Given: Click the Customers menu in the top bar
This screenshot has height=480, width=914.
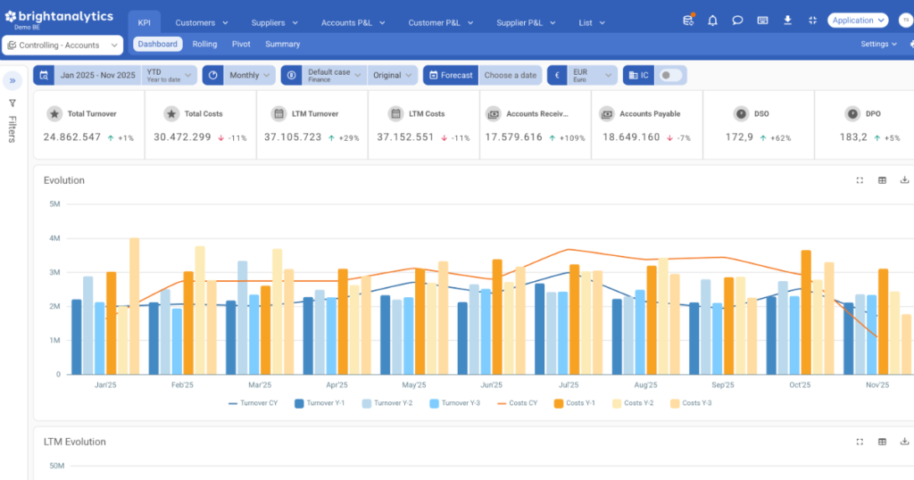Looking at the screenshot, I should click(201, 22).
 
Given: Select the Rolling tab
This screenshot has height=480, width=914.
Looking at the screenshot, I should click(204, 44).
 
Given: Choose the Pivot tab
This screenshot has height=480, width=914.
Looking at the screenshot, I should click(241, 44).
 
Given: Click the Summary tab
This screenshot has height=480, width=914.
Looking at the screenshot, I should click(282, 44).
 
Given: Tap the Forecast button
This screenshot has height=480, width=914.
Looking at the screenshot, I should click(451, 75).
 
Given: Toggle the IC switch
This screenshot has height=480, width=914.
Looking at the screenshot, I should click(670, 75).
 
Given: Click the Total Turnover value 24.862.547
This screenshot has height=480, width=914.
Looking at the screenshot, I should click(72, 137).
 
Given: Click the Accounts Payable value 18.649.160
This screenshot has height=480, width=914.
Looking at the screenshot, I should click(631, 137).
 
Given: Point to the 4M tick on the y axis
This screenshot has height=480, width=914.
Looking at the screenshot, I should click(54, 238).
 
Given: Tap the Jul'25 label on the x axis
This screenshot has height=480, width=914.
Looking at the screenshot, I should click(569, 385).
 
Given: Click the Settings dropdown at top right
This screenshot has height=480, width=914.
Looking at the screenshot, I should click(878, 44).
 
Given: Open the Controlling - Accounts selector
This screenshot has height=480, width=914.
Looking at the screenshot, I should click(62, 45).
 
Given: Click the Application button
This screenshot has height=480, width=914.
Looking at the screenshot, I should click(857, 20).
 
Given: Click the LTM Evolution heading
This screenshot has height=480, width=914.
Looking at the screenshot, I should click(75, 442).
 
